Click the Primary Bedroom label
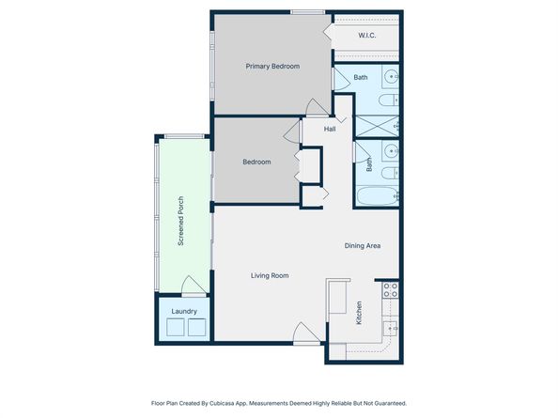click(272, 66)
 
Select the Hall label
click(330, 129)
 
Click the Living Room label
click(269, 275)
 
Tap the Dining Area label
click(362, 245)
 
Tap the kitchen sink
click(391, 328)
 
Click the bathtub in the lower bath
click(378, 197)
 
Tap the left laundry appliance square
click(174, 327)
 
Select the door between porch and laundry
click(193, 286)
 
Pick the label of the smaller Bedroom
click(256, 162)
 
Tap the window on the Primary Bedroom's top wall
click(307, 12)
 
